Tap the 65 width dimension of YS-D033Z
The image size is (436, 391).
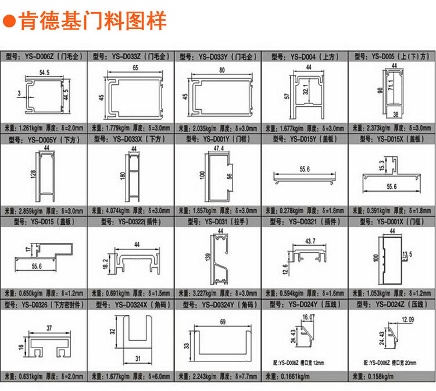(135, 69)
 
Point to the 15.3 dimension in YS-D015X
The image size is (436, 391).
(381, 166)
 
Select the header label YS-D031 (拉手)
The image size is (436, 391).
(217, 221)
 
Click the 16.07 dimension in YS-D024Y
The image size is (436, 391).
(308, 317)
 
